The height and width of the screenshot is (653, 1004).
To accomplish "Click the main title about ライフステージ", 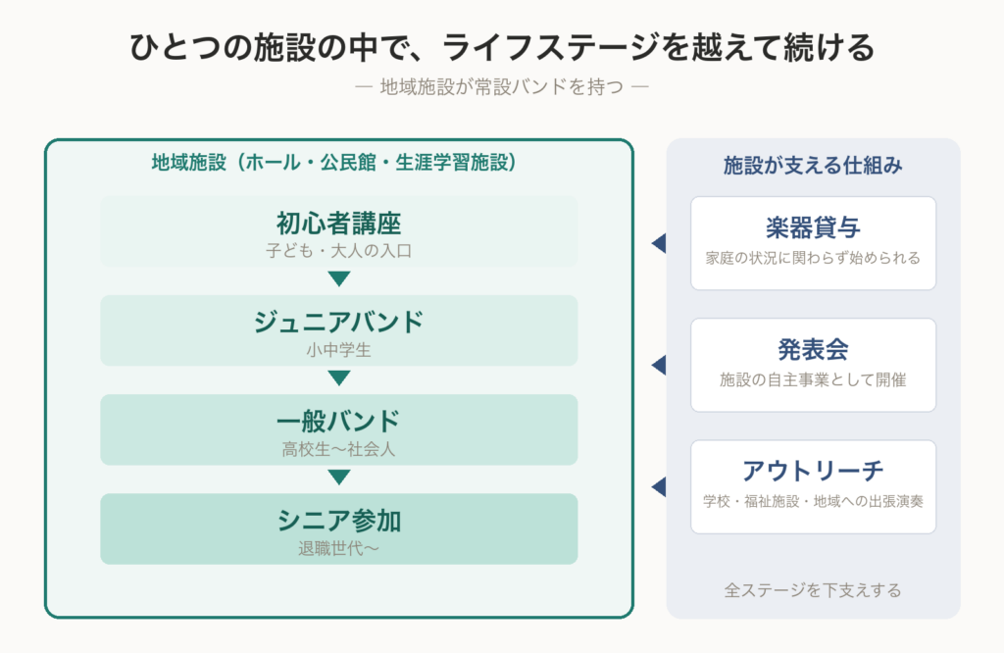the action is (x=502, y=47).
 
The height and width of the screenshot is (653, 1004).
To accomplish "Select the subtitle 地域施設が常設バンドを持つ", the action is (x=502, y=86).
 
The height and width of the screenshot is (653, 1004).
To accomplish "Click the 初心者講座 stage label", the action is (x=338, y=224).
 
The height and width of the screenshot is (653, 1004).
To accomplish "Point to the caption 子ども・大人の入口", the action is (x=338, y=250).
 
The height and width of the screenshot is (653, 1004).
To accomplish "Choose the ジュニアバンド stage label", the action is (x=338, y=322).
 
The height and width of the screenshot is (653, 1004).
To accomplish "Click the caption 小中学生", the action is (x=338, y=350).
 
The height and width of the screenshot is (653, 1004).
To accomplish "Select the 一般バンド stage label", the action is (x=338, y=422).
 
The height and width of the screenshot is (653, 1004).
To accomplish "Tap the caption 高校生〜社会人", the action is (x=338, y=449).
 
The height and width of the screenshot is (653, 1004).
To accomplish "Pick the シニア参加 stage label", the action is (x=338, y=521).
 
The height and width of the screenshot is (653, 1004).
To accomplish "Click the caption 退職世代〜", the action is (x=338, y=549).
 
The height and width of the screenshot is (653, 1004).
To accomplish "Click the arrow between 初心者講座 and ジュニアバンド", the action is (x=338, y=278).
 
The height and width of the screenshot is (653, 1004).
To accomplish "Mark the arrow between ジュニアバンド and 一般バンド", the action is (x=338, y=377).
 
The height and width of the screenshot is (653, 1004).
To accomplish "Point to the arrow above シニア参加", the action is (x=338, y=477).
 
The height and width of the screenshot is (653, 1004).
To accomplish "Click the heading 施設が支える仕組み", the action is (x=813, y=165).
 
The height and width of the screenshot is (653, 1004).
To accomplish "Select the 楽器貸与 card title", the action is (x=813, y=227).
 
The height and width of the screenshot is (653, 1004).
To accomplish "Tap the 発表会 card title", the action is (x=813, y=350).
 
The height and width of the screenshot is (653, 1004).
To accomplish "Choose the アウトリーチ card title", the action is (x=813, y=472).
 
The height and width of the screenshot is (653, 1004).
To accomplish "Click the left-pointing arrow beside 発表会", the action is (x=659, y=365).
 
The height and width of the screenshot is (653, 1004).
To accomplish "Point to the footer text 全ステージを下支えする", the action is (x=813, y=589).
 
